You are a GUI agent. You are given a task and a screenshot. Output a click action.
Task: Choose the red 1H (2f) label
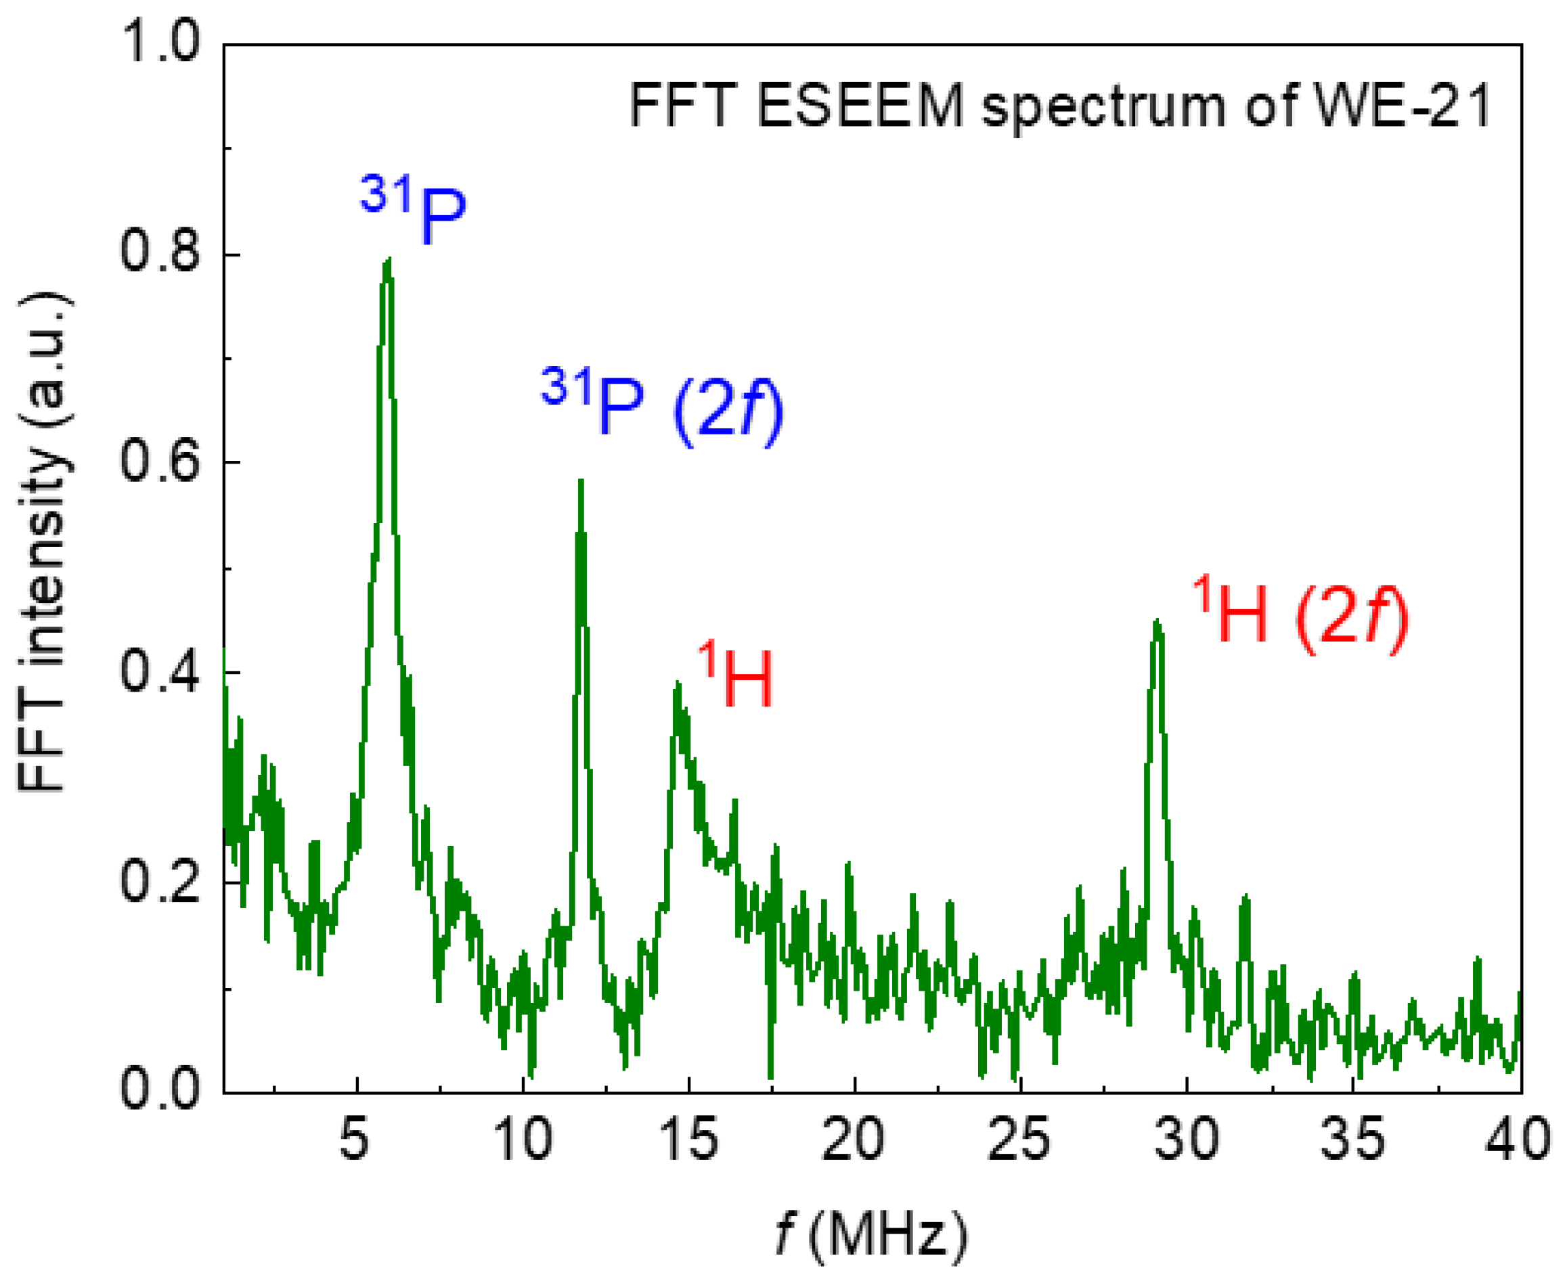(x=1300, y=616)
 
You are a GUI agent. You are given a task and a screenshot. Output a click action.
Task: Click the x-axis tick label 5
(x=355, y=1140)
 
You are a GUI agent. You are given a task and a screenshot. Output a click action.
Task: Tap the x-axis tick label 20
(x=853, y=1140)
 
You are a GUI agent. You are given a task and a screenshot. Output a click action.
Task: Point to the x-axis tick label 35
(x=1352, y=1140)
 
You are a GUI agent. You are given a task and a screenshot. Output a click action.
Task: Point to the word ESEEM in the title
(x=860, y=106)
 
